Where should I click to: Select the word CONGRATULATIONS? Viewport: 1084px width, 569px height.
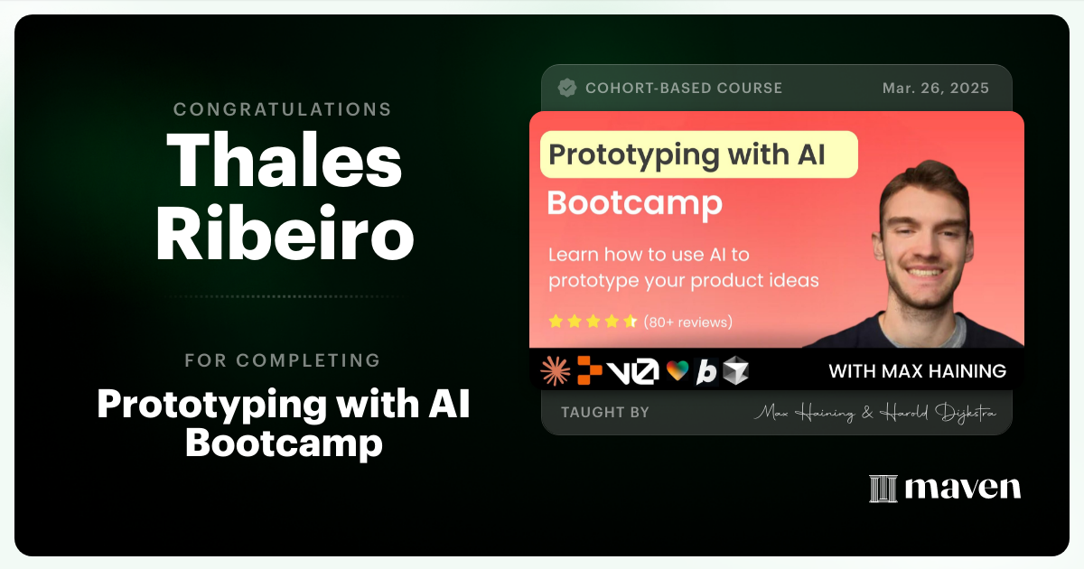[x=283, y=110]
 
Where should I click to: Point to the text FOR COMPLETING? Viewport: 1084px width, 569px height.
[x=283, y=360]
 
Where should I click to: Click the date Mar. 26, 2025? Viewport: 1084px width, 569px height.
[x=935, y=89]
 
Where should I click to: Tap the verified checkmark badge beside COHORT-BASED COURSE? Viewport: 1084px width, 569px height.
[x=567, y=89]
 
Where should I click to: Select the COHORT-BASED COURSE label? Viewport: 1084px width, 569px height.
[x=683, y=89]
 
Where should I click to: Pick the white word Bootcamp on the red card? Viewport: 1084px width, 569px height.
[x=634, y=202]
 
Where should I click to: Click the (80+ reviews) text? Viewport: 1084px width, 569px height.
[x=687, y=322]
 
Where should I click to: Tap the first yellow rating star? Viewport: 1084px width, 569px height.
[x=556, y=322]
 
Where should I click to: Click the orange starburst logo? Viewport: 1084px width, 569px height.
[x=555, y=370]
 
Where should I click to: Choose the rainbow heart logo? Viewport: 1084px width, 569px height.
[x=677, y=370]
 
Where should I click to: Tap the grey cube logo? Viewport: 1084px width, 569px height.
[x=736, y=370]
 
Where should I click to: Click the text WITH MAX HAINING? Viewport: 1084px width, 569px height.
[x=917, y=371]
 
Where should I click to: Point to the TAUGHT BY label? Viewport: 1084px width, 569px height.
[x=604, y=413]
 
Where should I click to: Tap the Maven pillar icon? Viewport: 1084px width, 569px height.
[x=883, y=489]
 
